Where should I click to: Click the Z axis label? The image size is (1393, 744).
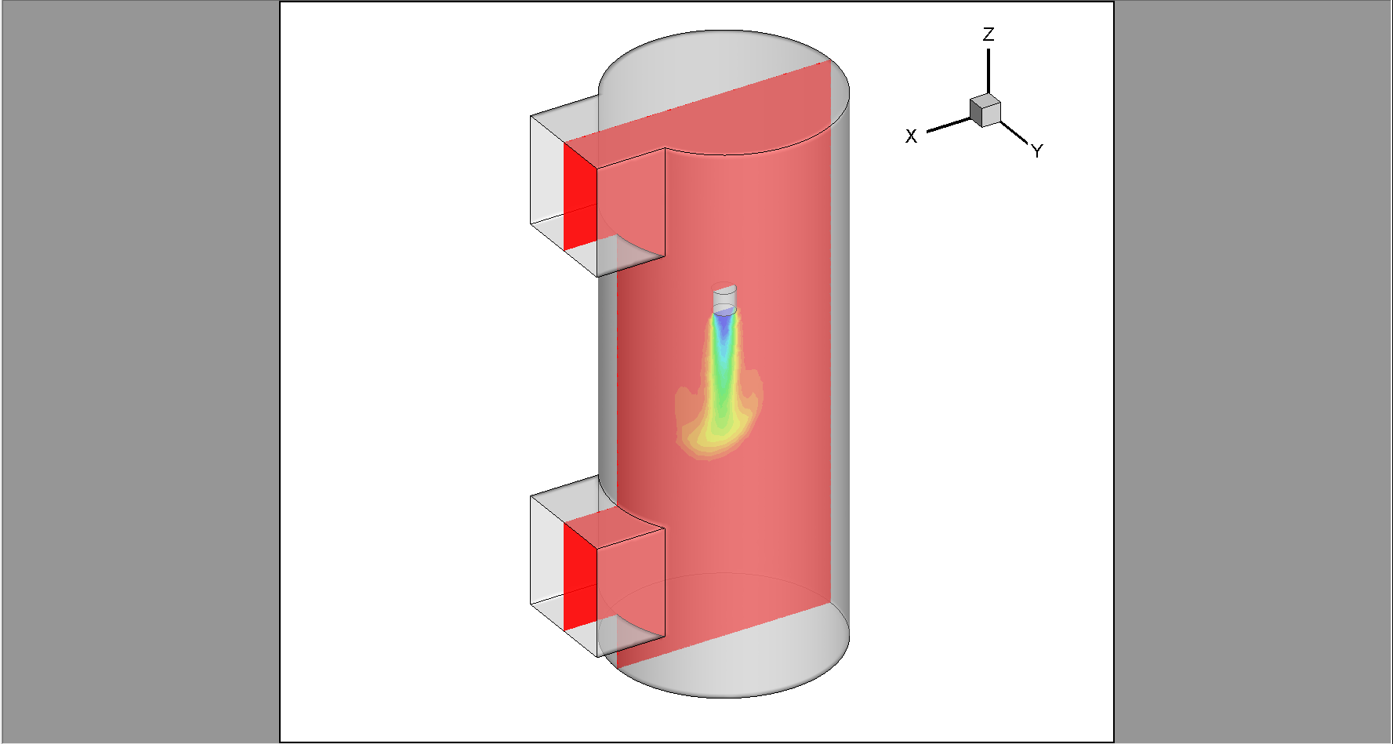pyautogui.click(x=989, y=34)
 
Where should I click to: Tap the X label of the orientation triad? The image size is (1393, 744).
pyautogui.click(x=911, y=136)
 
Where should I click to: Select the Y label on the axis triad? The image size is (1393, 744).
pyautogui.click(x=1037, y=151)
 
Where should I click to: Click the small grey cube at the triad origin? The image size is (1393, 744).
pyautogui.click(x=985, y=110)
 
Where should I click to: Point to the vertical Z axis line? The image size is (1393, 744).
pyautogui.click(x=988, y=71)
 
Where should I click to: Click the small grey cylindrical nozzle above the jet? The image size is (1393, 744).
pyautogui.click(x=725, y=298)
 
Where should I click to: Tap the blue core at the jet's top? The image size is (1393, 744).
pyautogui.click(x=724, y=321)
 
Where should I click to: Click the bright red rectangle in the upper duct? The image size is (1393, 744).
pyautogui.click(x=580, y=196)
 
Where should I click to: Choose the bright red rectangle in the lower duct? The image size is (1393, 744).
pyautogui.click(x=580, y=577)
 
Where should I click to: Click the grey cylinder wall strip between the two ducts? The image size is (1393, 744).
pyautogui.click(x=608, y=376)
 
